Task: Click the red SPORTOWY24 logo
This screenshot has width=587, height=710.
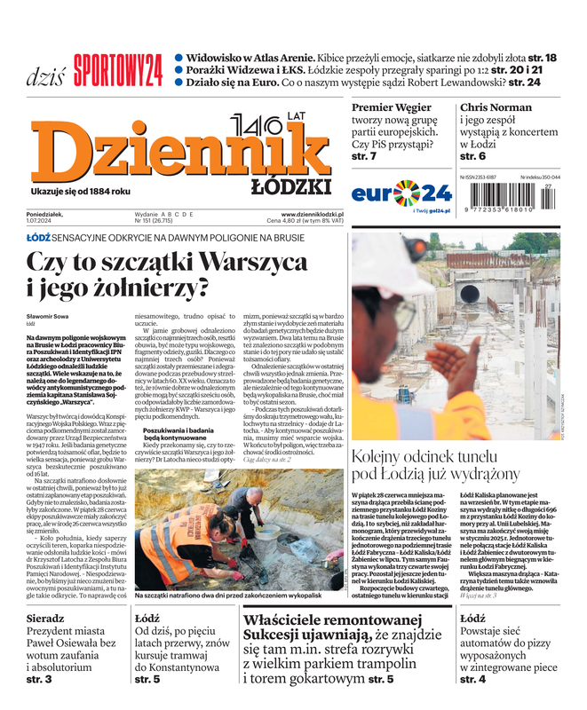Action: [x=117, y=68]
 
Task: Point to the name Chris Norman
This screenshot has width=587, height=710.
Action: [x=496, y=107]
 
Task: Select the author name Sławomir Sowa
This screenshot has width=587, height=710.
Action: [x=48, y=317]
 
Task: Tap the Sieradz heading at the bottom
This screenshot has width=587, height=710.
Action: [x=46, y=642]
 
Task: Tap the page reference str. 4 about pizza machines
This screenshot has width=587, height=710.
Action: [x=472, y=679]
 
